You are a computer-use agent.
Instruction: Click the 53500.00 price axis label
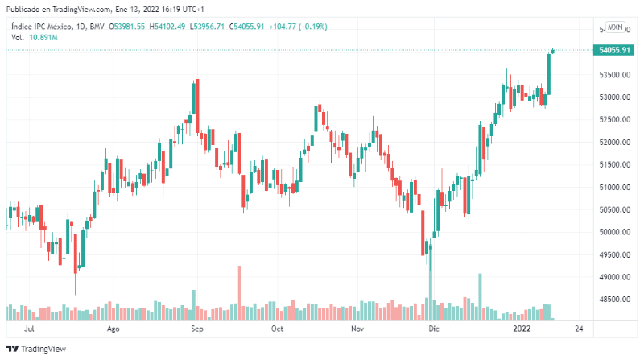614,75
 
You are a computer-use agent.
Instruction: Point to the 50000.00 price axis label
614,232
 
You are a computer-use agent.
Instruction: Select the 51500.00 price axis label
614,165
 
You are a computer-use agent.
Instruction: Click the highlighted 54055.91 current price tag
614,50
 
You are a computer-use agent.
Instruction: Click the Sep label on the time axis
197,329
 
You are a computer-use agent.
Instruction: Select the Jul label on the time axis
29,329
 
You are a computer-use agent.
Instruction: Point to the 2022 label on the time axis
522,329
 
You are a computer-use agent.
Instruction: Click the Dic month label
435,329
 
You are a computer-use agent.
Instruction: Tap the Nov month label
358,329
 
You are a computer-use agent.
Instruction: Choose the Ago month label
113,329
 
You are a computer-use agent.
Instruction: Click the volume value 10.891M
43,37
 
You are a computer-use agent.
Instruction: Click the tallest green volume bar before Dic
430,282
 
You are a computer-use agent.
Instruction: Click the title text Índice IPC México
44,27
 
